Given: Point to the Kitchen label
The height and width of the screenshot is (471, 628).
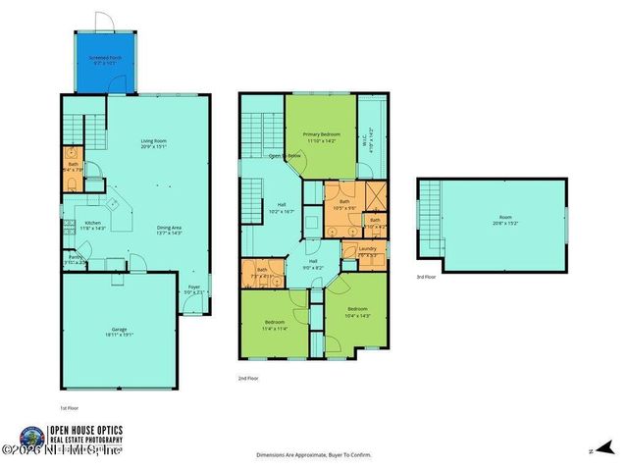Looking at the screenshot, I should [x=92, y=225].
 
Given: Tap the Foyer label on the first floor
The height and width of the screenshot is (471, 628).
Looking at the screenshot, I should [x=194, y=288].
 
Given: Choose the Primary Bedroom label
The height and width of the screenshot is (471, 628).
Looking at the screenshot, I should [x=320, y=137].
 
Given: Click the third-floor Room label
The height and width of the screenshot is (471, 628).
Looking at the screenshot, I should [x=505, y=218].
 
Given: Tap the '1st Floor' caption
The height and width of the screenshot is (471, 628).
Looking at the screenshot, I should [x=70, y=405].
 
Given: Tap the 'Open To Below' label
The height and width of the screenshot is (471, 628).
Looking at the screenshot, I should [x=286, y=156].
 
